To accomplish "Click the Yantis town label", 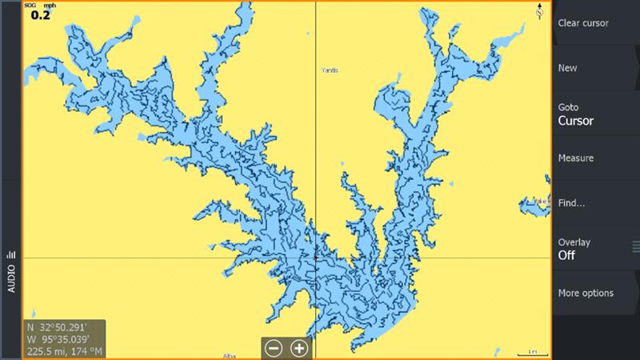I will [330, 70].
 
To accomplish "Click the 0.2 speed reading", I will [40, 14].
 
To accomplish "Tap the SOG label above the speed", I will [31, 5].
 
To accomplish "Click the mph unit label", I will [50, 5].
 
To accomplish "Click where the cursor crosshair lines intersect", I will [316, 258].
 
